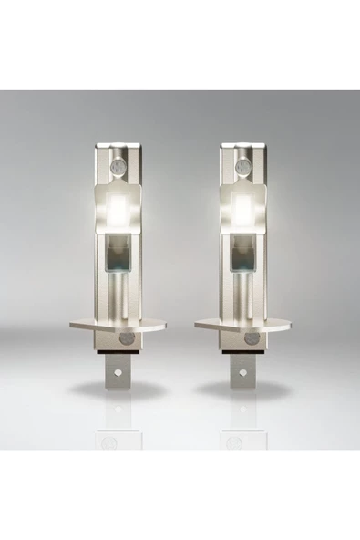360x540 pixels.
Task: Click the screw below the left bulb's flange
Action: pyautogui.click(x=126, y=338)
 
